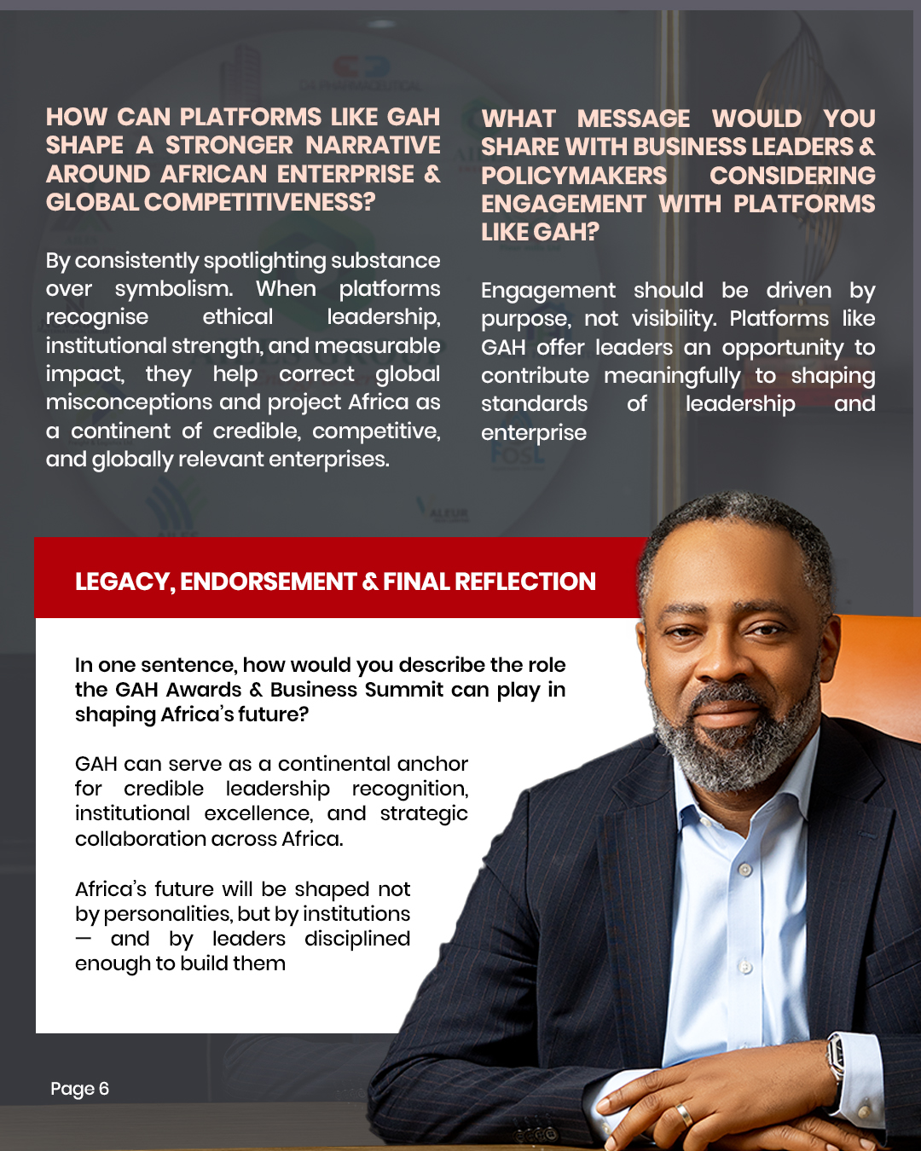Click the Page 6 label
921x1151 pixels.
coord(79,1089)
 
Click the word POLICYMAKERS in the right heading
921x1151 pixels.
coord(574,176)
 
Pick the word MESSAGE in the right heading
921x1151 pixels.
coord(633,119)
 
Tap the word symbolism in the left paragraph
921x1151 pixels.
coord(173,289)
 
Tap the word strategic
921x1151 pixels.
coord(424,814)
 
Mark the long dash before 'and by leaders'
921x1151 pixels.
coord(83,938)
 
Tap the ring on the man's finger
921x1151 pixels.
coord(684,1113)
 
